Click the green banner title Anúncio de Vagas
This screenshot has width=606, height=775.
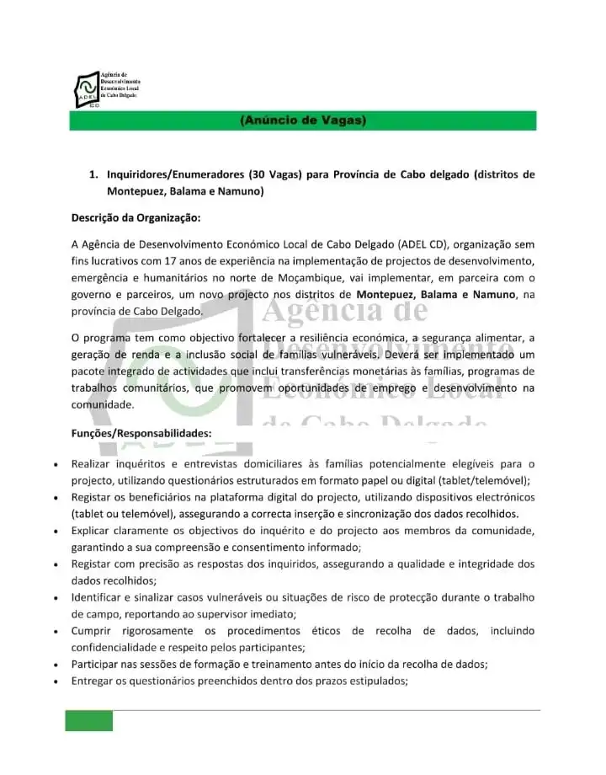click(303, 121)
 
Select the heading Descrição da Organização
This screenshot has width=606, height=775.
click(136, 219)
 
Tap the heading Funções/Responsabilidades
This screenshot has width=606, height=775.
click(141, 434)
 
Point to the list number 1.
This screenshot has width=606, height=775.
click(93, 175)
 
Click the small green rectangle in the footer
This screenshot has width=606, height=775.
click(89, 720)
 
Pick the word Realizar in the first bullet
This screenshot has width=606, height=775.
click(93, 463)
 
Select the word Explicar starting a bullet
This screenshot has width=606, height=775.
click(93, 530)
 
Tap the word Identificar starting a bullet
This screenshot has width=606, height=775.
click(98, 597)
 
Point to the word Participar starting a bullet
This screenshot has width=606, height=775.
click(97, 664)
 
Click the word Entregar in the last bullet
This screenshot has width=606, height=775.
click(93, 681)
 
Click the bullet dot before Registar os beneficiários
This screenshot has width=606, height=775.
click(55, 497)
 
